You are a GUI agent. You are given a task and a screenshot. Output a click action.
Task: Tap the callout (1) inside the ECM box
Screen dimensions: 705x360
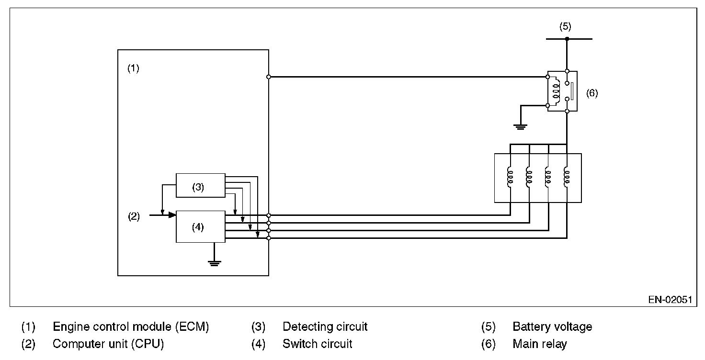[x=133, y=68]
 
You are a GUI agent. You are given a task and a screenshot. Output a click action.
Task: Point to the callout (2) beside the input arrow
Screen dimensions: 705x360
[x=134, y=216]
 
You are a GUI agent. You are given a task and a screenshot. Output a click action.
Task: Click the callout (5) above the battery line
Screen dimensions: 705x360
[x=565, y=26]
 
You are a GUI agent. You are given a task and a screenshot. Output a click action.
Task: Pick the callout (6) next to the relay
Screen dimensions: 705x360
[x=592, y=93]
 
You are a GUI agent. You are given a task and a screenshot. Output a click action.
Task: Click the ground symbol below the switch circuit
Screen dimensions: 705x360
[x=215, y=263]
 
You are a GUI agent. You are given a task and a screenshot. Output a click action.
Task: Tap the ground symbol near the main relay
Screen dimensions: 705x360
[x=520, y=127]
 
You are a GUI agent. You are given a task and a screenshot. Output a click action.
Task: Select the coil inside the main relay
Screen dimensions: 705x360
[x=557, y=91]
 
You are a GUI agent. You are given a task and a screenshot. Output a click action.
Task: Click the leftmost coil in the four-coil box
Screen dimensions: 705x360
[x=510, y=178]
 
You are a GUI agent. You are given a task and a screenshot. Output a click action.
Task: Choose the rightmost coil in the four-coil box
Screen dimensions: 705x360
[x=567, y=178]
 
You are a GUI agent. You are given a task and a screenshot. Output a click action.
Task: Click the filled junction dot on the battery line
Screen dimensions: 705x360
[x=567, y=39]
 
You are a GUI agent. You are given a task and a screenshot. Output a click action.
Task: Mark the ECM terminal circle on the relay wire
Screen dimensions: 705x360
[x=269, y=77]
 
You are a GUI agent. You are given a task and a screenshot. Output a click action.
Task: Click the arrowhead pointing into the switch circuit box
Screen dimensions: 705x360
[x=172, y=215]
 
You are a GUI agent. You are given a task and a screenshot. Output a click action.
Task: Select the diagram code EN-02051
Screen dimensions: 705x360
[x=670, y=299]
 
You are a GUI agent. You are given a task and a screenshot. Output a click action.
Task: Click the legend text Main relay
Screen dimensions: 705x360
[x=539, y=344]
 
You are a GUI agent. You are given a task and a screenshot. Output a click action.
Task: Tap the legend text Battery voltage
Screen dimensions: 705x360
[x=552, y=326]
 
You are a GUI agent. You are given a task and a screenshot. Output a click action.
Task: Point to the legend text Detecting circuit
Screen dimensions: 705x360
[x=325, y=326]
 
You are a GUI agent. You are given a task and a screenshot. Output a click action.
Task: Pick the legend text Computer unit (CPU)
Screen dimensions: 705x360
[x=108, y=344]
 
